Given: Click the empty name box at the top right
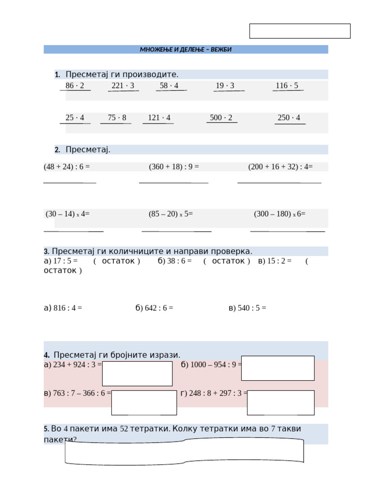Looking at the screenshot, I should [x=300, y=31].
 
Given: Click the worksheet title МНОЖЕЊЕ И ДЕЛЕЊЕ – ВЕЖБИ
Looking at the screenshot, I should [x=186, y=49].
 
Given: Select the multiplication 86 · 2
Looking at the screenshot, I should [x=75, y=86].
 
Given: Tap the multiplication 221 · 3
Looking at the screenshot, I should [x=123, y=86].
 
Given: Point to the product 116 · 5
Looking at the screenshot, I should [x=287, y=86].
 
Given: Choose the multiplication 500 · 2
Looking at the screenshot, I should [x=221, y=118].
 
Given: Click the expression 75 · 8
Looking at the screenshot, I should [x=117, y=118].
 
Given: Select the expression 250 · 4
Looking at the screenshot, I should [x=289, y=118].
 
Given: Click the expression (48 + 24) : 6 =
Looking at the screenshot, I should [x=67, y=167].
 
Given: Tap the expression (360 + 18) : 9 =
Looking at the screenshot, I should [x=174, y=167].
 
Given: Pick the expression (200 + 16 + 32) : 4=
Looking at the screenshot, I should [x=280, y=167].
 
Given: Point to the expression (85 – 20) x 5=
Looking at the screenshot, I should [x=170, y=214].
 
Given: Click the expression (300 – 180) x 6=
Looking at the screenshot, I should [x=279, y=214].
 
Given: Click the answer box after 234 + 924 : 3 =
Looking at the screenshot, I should [x=137, y=373].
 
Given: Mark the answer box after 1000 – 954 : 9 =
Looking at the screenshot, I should [x=278, y=368].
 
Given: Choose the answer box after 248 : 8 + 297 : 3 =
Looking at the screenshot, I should [x=280, y=403].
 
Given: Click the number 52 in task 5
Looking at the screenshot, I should [x=124, y=429].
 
